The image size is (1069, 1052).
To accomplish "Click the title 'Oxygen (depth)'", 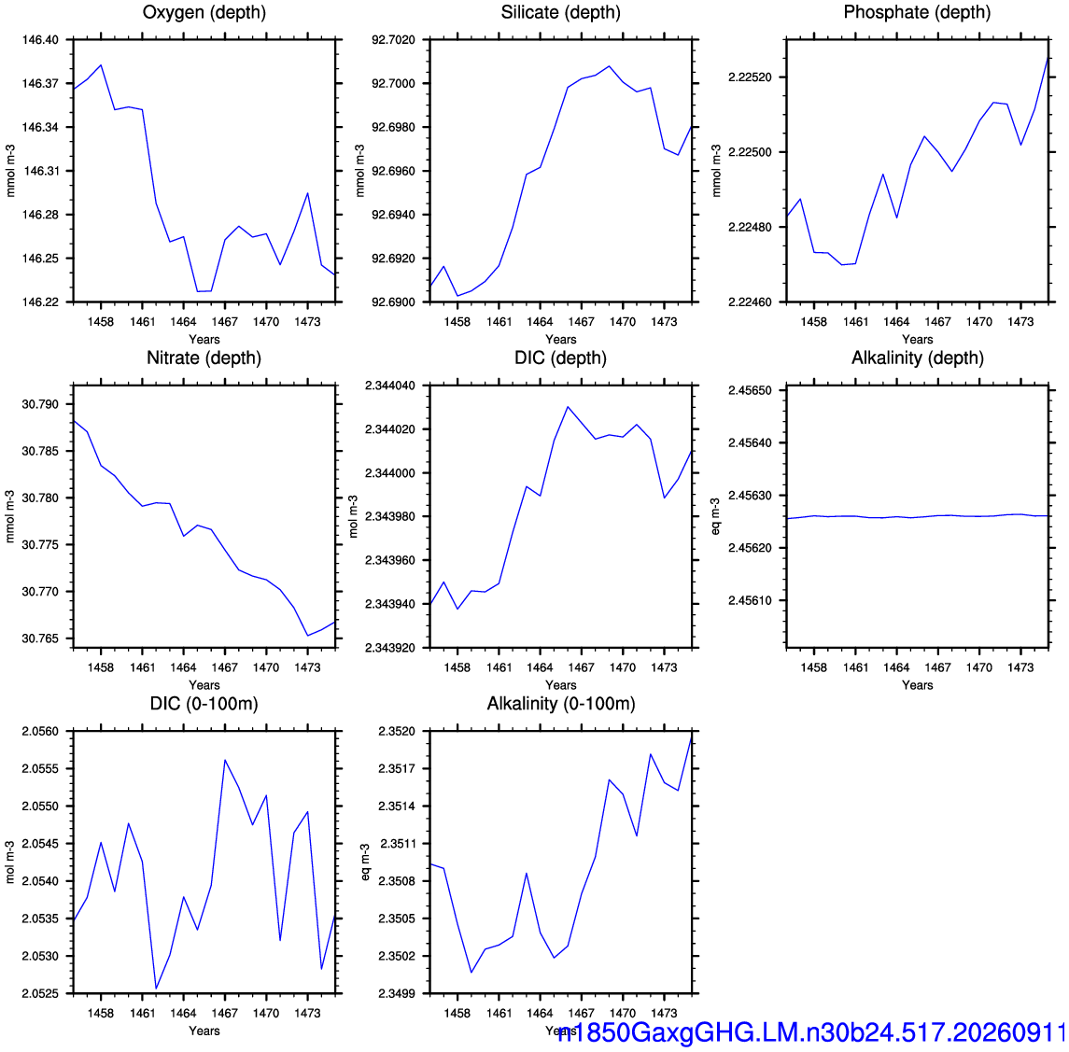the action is click(204, 12).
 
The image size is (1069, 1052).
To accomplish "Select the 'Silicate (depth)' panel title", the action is click(560, 12).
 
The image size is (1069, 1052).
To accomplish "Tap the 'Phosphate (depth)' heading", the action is click(917, 12).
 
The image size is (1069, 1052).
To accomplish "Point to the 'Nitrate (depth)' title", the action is click(204, 358).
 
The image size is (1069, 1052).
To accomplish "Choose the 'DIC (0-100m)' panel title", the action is click(204, 704).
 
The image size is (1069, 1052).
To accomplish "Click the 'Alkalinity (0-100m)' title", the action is click(560, 704).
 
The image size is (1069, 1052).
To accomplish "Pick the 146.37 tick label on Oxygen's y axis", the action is click(40, 83).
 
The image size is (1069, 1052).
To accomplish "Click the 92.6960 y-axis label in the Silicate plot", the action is click(393, 171).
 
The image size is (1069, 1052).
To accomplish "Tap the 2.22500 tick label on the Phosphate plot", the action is click(750, 152).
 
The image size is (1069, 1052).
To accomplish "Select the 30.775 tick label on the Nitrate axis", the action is click(40, 545).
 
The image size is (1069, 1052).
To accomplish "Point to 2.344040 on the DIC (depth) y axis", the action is click(390, 386).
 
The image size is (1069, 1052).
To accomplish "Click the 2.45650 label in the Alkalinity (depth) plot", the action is click(750, 391).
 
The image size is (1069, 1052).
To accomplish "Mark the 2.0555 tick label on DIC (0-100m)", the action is click(40, 769).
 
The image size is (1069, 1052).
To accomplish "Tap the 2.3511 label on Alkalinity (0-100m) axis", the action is click(397, 844).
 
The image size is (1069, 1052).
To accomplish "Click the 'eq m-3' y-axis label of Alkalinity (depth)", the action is click(715, 516).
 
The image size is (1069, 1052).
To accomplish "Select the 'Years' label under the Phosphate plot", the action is click(917, 340).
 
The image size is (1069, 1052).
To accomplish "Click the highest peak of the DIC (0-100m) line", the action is click(225, 760).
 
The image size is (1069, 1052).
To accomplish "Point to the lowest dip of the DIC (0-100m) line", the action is click(156, 988).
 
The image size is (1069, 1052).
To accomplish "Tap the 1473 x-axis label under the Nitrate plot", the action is click(307, 667).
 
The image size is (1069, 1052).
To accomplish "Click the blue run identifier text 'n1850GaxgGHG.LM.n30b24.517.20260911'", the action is click(811, 1033).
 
